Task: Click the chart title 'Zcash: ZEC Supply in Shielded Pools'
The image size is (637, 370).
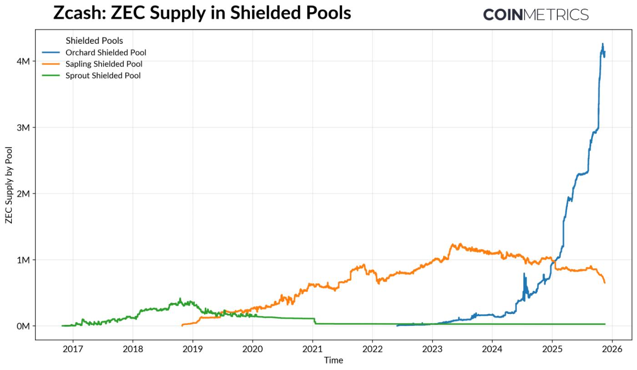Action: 202,13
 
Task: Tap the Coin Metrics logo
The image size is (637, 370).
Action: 536,15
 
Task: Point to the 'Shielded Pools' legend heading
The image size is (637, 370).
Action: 94,41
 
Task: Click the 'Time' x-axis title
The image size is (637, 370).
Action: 334,360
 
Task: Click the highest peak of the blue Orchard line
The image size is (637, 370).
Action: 603,44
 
